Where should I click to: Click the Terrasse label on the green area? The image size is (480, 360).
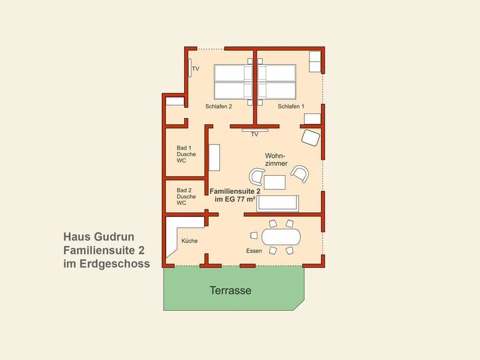[x=230, y=290]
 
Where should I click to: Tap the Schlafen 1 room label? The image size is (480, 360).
[x=291, y=106]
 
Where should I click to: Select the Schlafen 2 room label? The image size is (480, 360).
[x=218, y=106]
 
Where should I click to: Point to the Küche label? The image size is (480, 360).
[x=189, y=241]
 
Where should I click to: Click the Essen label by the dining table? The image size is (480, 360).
[x=254, y=251]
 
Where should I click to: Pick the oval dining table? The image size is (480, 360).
[x=281, y=237]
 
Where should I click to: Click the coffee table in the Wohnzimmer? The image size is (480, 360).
[x=275, y=182]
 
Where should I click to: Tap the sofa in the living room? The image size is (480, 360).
[x=277, y=203]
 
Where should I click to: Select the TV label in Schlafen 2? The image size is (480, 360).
[x=195, y=69]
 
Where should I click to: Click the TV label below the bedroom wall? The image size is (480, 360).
[x=255, y=135]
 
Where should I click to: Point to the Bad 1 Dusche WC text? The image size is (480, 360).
[x=186, y=154]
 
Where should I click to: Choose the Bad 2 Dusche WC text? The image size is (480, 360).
[x=186, y=196]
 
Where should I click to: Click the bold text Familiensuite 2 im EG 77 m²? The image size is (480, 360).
[x=235, y=195]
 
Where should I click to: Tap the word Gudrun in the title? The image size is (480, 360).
[x=114, y=237]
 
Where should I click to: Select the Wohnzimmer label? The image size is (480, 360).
[x=276, y=160]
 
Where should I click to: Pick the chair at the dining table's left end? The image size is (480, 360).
[x=254, y=235]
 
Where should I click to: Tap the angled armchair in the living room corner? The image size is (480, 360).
[x=311, y=138]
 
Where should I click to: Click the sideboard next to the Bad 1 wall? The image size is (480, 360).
[x=214, y=157]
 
